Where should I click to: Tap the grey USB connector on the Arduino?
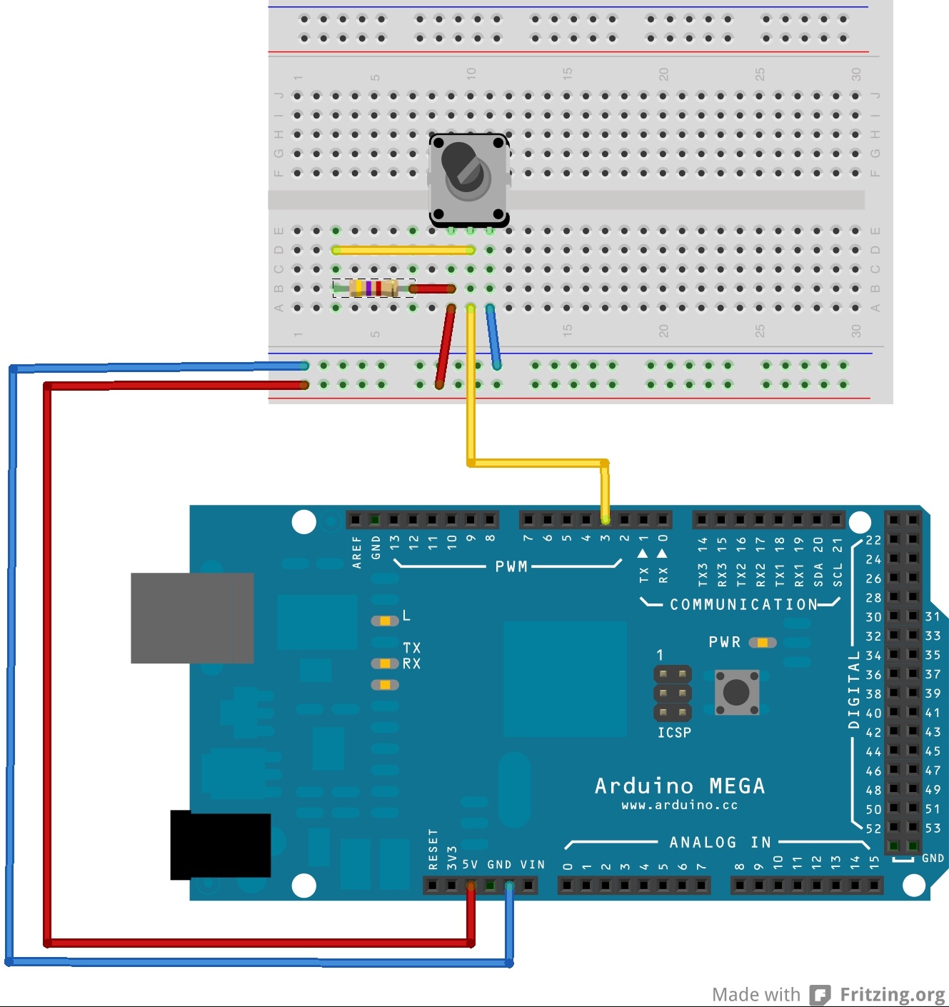[192, 618]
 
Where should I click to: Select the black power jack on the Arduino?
[221, 846]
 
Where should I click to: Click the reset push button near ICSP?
[736, 691]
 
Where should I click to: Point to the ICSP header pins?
[673, 693]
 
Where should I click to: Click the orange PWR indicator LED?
[763, 643]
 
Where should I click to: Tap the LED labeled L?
[385, 621]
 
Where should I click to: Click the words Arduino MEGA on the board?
[680, 786]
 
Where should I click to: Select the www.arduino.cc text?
[679, 806]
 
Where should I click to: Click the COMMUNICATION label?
[743, 605]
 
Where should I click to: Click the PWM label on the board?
[511, 567]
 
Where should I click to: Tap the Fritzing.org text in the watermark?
[892, 994]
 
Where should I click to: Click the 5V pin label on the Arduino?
[470, 865]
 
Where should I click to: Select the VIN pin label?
[532, 865]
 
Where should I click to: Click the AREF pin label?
[357, 552]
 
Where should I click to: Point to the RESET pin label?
[433, 849]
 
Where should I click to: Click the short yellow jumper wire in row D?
[403, 250]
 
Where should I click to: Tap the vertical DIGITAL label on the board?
[854, 689]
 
